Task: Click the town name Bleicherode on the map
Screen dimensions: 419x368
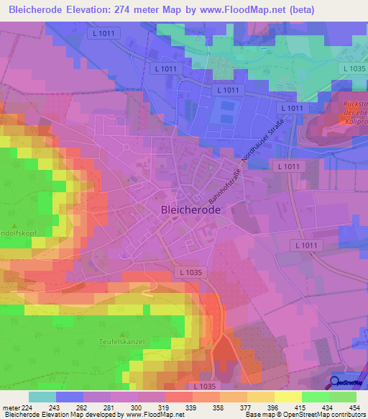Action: [186, 210]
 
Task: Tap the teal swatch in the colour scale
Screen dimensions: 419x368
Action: [42, 397]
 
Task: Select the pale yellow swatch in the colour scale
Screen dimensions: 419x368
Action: [287, 397]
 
